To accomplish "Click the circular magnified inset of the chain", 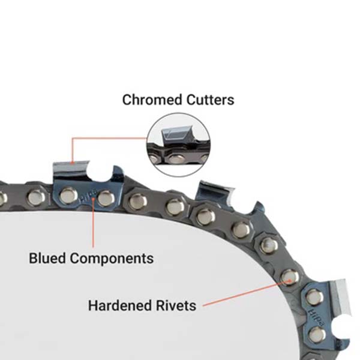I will coord(179,144).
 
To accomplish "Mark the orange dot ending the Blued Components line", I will coord(93,203).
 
